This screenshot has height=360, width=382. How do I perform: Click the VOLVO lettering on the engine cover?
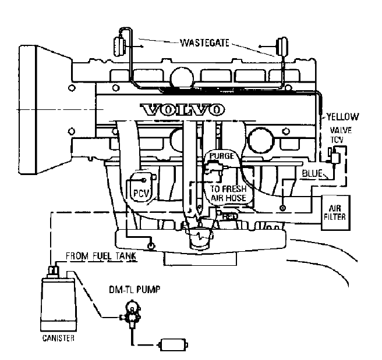182,109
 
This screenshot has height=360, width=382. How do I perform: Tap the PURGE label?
221,156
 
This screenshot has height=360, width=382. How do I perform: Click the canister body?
58,302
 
